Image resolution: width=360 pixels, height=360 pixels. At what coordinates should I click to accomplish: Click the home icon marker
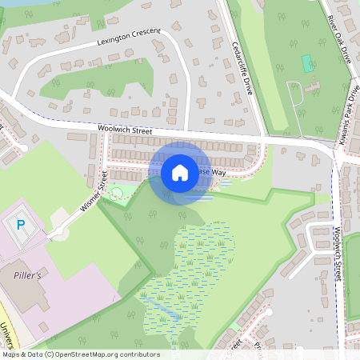click(x=180, y=172)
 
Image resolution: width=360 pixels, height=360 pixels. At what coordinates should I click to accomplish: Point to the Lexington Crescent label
click(x=129, y=35)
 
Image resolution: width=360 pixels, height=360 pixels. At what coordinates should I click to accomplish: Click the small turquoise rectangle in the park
click(x=306, y=62)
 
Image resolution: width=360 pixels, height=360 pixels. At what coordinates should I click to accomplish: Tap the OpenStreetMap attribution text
click(x=81, y=354)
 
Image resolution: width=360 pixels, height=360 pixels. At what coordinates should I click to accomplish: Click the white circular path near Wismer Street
click(x=118, y=192)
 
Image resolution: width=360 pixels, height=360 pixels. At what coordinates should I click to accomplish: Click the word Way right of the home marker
click(x=218, y=172)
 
